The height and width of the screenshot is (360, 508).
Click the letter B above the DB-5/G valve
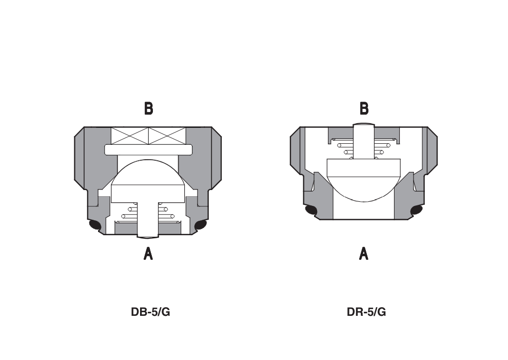(148, 108)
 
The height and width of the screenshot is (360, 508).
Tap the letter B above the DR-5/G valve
(364, 108)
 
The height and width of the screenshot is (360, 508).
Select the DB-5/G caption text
(150, 312)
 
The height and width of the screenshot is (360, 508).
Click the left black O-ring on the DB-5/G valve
(95, 224)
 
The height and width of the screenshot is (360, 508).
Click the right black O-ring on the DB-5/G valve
(200, 224)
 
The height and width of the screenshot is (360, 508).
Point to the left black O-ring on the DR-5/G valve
(311, 210)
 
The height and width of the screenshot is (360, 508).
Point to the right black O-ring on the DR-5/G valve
(417, 210)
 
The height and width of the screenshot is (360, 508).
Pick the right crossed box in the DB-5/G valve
(166, 136)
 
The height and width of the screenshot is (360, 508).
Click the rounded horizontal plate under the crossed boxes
(148, 149)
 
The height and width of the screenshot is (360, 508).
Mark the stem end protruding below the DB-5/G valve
(148, 236)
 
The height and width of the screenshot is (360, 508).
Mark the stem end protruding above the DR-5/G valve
(364, 125)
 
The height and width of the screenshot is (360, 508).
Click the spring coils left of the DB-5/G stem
(130, 212)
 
